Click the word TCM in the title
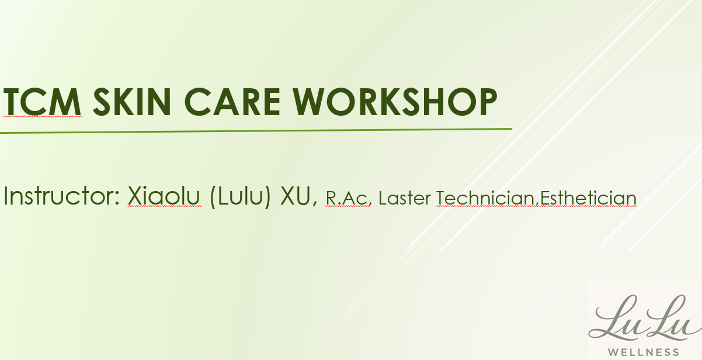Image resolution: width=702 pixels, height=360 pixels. click(x=42, y=102)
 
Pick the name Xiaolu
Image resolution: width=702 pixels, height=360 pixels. click(x=164, y=197)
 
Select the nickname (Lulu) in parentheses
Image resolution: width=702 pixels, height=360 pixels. click(x=241, y=197)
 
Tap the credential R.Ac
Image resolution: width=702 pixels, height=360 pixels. click(x=346, y=199)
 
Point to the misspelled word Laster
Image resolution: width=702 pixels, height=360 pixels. click(x=405, y=199)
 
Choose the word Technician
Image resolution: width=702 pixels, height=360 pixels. click(x=485, y=199)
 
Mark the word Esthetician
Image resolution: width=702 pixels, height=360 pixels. click(x=588, y=199)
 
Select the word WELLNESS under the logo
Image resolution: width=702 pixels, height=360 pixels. click(x=644, y=352)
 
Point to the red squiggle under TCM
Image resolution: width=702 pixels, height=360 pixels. click(x=42, y=117)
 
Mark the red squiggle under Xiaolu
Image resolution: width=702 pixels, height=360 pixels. click(x=164, y=207)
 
